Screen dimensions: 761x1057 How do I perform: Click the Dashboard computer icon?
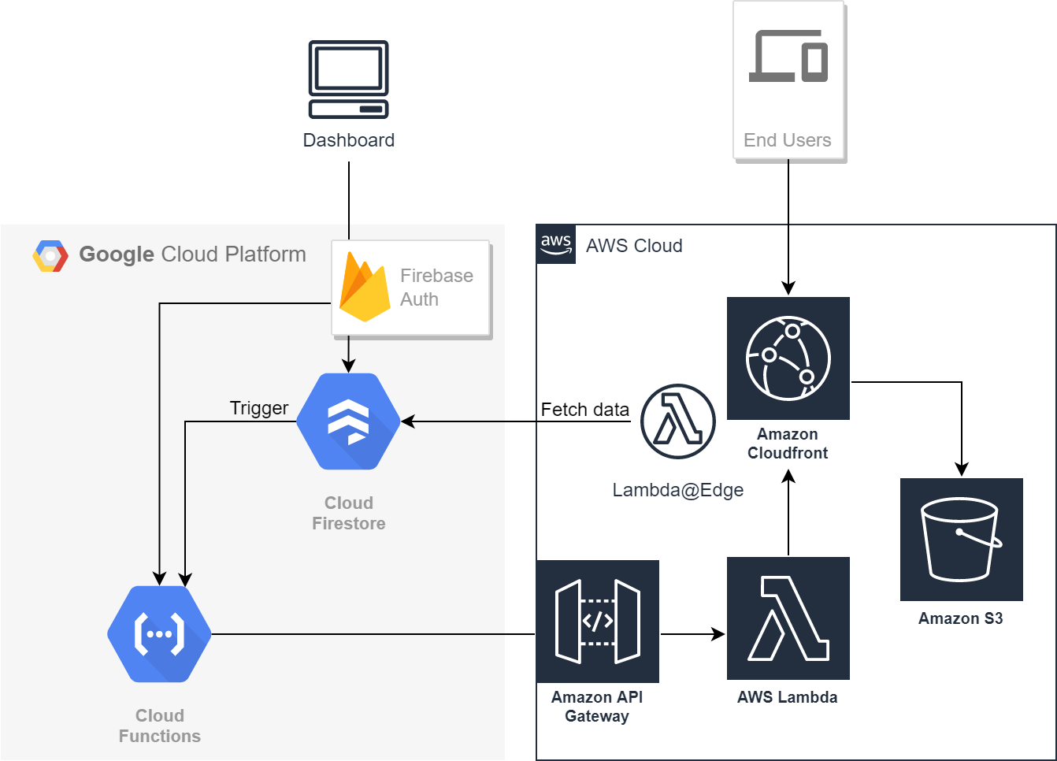tap(348, 79)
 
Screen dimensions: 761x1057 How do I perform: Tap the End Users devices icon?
tap(788, 56)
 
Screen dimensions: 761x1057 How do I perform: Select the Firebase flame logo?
tap(364, 288)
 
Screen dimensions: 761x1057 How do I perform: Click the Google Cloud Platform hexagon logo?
tap(50, 256)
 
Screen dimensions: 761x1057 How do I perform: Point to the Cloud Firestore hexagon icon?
tap(348, 421)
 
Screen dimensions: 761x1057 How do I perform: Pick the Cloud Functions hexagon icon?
tap(159, 634)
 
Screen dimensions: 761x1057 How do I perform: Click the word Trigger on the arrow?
tap(259, 408)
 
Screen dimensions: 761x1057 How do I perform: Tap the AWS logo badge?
tap(556, 244)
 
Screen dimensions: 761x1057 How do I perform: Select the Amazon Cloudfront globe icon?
tap(788, 358)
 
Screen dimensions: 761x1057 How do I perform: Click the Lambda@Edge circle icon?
tap(678, 421)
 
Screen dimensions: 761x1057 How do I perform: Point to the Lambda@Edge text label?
tap(678, 490)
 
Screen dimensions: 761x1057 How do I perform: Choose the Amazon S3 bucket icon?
tap(961, 540)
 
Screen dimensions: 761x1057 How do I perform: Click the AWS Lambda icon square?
tap(788, 618)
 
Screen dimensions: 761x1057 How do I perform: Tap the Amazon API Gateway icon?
tap(598, 622)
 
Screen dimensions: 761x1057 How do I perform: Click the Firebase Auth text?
tap(436, 288)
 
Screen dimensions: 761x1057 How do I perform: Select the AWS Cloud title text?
tap(634, 246)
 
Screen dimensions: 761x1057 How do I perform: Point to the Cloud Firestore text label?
tap(349, 513)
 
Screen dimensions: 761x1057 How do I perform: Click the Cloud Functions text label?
tap(160, 726)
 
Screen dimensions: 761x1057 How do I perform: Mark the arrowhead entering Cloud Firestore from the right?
tap(407, 421)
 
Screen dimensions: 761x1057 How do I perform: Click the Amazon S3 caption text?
tap(961, 618)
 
